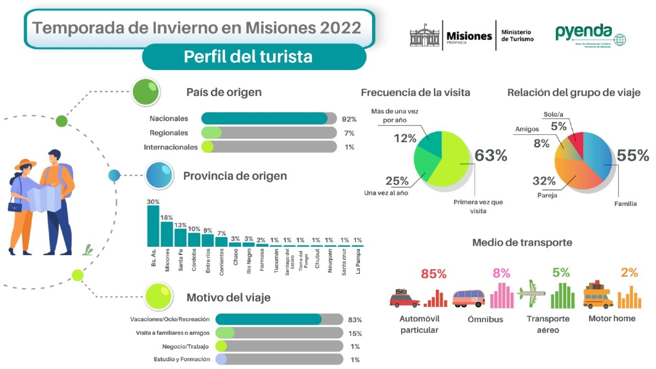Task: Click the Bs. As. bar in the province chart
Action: [153, 226]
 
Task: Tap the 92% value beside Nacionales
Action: [349, 119]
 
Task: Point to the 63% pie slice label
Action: [490, 156]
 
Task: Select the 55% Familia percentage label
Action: [633, 156]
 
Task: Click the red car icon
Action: [404, 298]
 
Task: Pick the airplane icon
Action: [531, 295]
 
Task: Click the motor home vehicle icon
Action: [598, 296]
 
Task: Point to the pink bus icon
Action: [469, 298]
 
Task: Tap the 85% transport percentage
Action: [434, 274]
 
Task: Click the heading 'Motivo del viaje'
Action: [228, 297]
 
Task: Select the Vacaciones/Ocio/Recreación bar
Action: [269, 319]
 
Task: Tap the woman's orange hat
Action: [25, 164]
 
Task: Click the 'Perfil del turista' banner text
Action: [248, 57]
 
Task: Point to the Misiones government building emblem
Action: [425, 36]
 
